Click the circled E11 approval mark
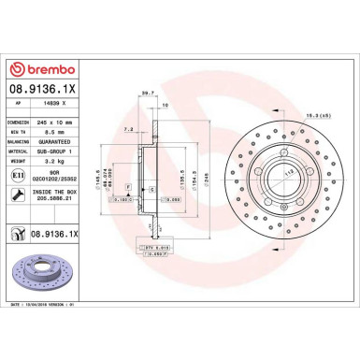coord(18,174)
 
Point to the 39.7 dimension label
coord(146,93)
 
